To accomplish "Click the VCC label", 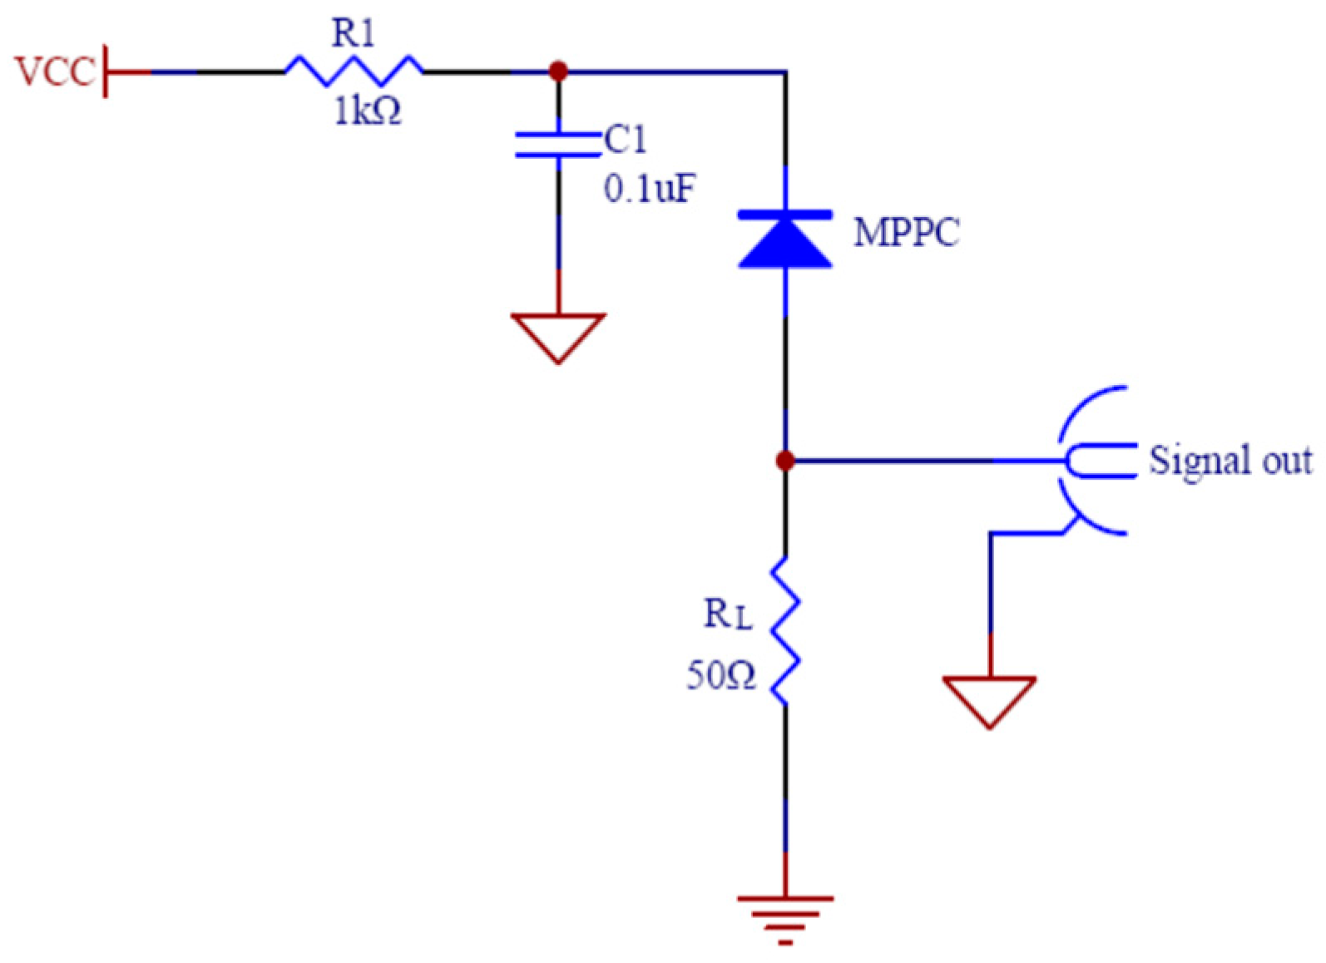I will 53,72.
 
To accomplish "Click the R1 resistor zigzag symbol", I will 354,71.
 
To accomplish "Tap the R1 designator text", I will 354,33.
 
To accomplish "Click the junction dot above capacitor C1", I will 558,72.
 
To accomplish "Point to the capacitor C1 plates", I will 558,144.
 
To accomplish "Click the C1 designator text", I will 625,140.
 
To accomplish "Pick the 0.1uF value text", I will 649,190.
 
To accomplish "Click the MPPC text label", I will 907,232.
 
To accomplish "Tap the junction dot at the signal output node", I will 785,460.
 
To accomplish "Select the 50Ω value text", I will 720,675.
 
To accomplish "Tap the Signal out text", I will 1230,460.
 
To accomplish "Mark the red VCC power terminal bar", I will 106,72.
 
